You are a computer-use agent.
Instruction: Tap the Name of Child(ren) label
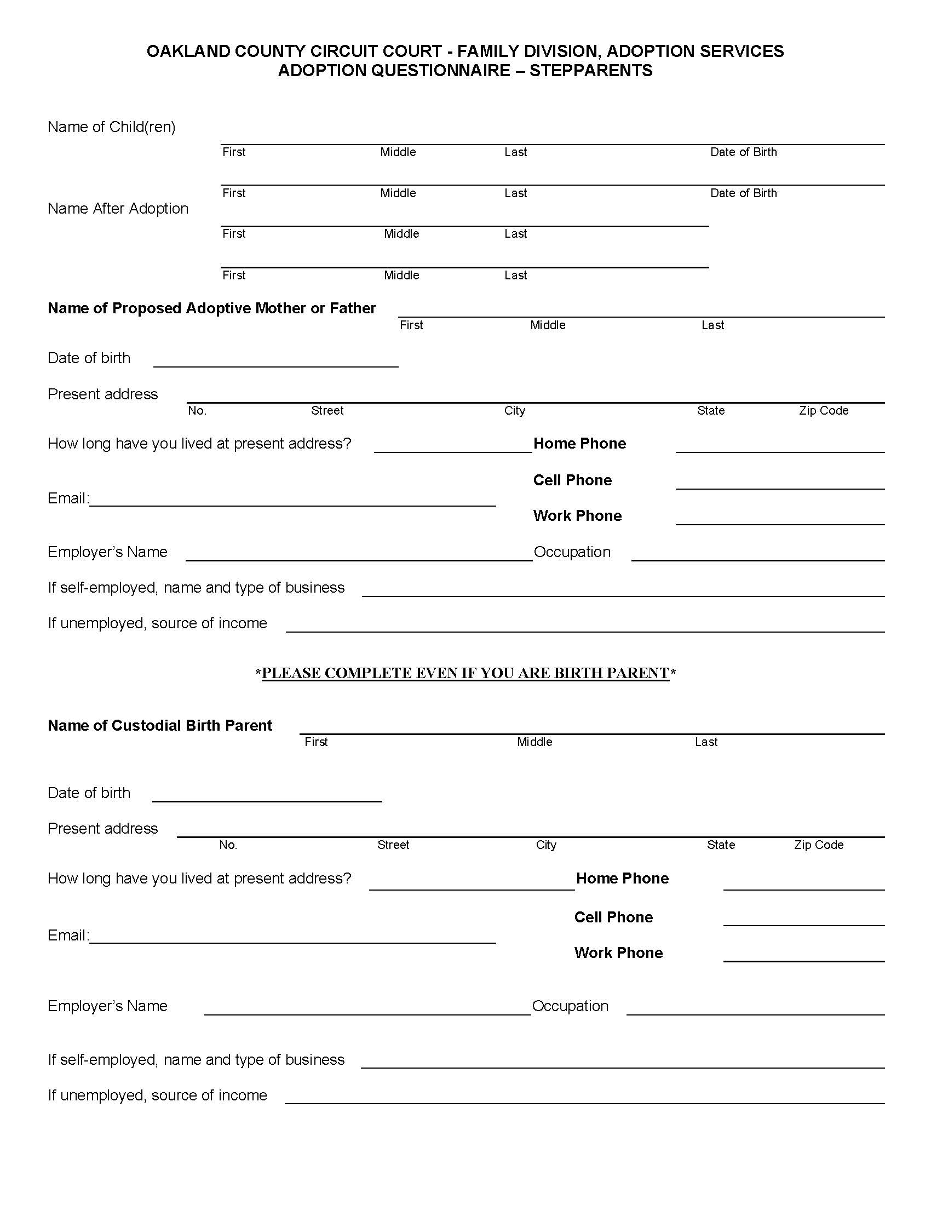point(111,127)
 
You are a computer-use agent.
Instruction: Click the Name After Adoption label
point(118,209)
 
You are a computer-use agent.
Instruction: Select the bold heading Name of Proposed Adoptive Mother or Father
point(212,308)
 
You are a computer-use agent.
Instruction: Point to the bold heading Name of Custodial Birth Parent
point(160,725)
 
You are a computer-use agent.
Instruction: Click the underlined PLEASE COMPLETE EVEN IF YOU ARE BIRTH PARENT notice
point(465,673)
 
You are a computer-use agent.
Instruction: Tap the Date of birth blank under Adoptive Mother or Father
point(276,360)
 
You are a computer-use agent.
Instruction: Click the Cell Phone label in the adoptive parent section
point(572,480)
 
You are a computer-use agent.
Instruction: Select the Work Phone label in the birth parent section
point(618,952)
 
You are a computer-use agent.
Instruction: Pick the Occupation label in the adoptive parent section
point(572,552)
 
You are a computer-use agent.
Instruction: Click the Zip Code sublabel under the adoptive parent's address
point(824,410)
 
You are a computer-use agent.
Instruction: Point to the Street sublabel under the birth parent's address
point(393,845)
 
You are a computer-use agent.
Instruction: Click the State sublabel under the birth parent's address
point(721,845)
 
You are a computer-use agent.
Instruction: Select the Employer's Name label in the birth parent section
point(107,1006)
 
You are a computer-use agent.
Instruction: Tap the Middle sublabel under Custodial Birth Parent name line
point(534,742)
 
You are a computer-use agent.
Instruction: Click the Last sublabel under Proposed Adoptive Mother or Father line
point(712,325)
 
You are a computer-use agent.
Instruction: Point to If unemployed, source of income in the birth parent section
point(157,1095)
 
